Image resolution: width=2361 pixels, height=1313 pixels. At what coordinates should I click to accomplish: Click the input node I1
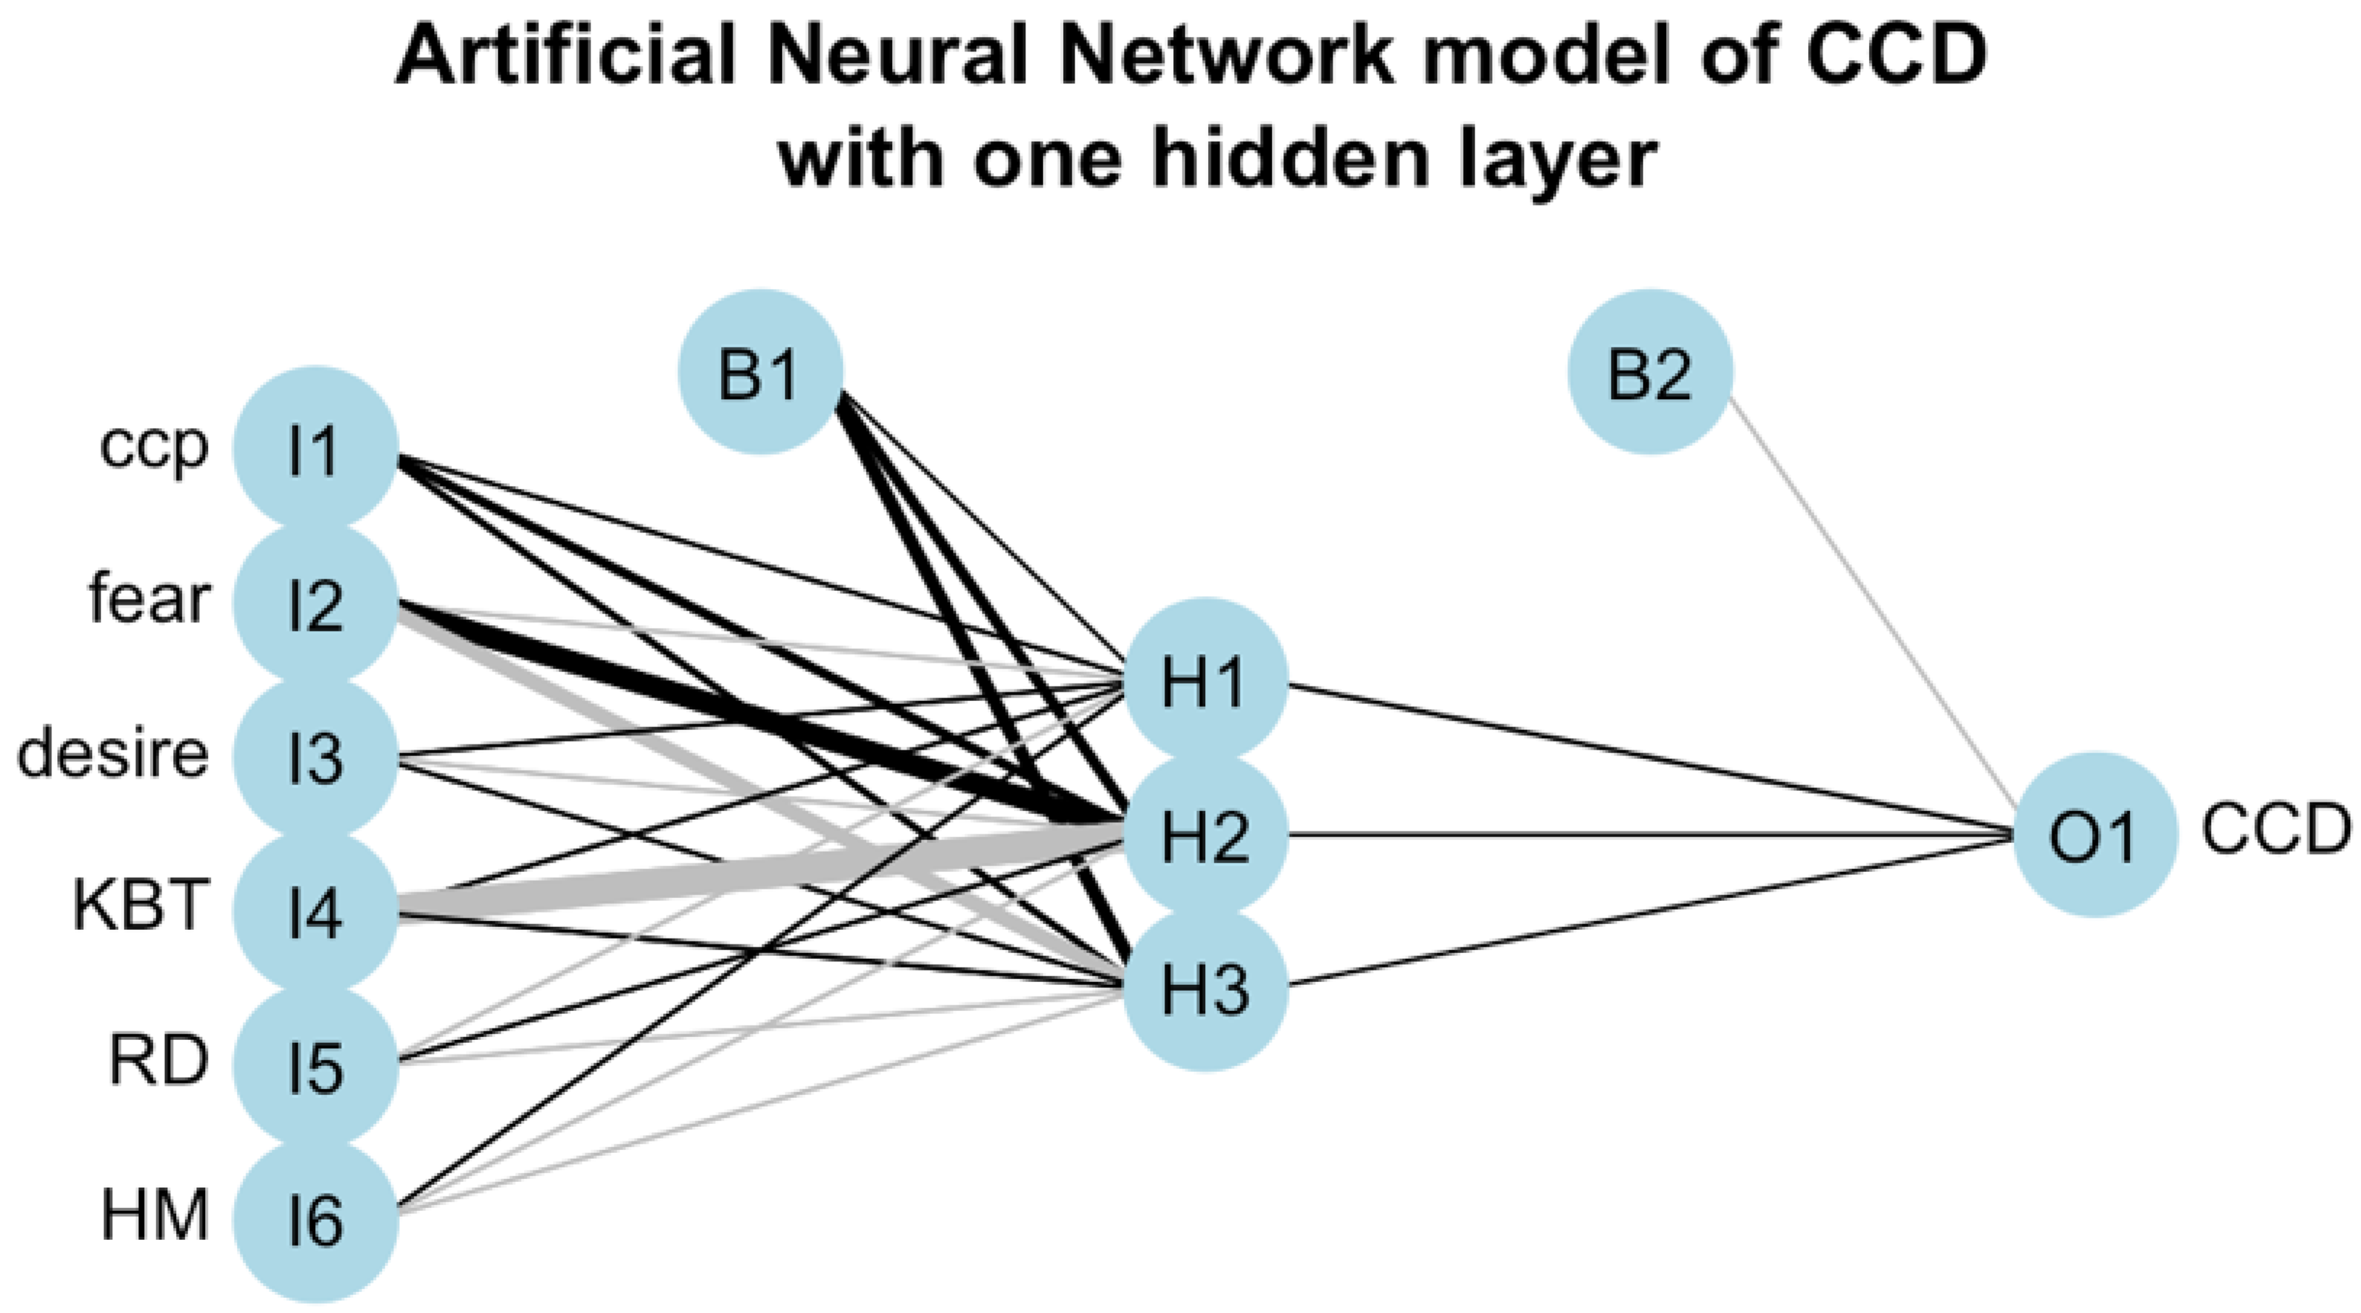[x=315, y=450]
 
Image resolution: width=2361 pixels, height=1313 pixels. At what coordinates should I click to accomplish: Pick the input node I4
[x=315, y=913]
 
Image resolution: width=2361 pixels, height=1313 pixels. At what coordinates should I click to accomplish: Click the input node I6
[x=315, y=1220]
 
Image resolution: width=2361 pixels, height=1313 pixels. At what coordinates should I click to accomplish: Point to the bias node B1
[x=759, y=373]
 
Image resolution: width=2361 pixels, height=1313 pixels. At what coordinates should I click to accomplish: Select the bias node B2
[x=1650, y=373]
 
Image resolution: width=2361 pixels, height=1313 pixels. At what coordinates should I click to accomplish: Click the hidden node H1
[x=1205, y=681]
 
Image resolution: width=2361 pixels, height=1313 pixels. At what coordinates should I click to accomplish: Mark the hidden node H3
[x=1205, y=989]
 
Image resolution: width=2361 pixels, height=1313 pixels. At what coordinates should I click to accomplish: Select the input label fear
[x=149, y=600]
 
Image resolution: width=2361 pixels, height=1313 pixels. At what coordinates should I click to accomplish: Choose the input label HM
[x=154, y=1216]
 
